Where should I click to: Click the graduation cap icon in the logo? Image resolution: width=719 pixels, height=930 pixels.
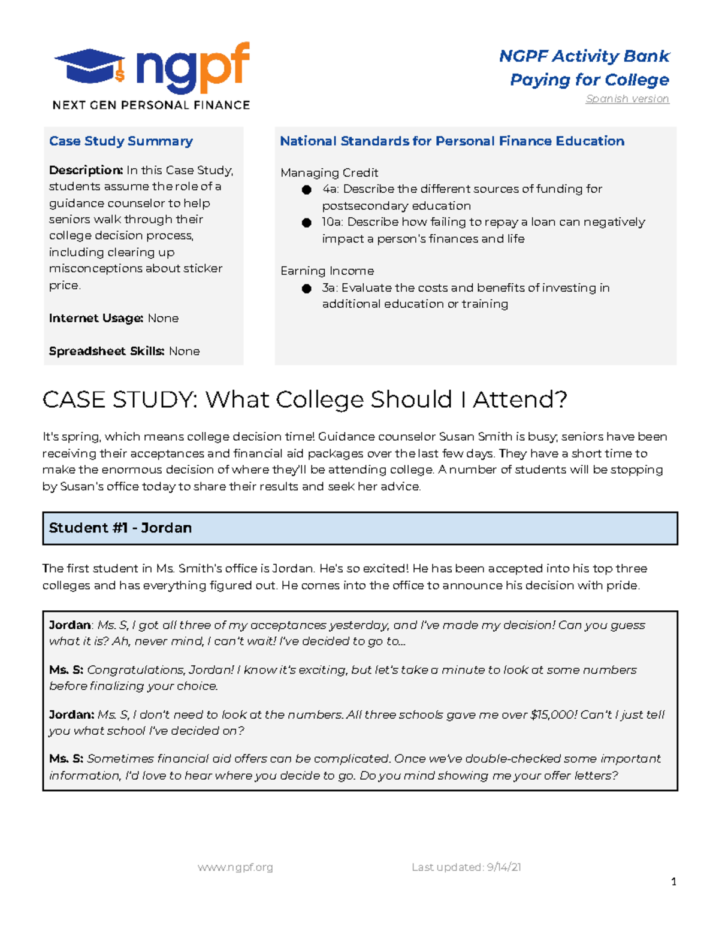click(89, 66)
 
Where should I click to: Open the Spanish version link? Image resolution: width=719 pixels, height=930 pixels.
click(627, 99)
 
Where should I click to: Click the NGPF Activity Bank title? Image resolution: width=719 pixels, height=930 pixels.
click(584, 56)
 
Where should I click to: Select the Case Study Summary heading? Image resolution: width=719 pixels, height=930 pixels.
click(121, 141)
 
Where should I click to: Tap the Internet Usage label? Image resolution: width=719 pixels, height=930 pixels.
click(96, 318)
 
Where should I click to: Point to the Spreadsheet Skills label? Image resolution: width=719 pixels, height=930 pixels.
click(106, 351)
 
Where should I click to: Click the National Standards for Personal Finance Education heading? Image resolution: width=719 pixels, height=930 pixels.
click(452, 141)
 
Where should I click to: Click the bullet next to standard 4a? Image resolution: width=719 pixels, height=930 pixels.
click(307, 190)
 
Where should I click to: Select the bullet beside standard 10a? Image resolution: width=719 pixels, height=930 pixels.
click(307, 223)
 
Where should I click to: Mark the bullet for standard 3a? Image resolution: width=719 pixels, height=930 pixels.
click(307, 289)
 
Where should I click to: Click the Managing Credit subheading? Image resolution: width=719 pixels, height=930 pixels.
click(329, 173)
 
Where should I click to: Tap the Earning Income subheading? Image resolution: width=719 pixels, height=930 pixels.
click(327, 271)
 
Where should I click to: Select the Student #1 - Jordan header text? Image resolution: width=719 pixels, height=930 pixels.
click(120, 528)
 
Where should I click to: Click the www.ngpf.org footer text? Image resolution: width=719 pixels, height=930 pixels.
click(235, 867)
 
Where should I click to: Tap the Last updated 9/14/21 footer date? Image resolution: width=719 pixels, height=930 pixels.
click(466, 867)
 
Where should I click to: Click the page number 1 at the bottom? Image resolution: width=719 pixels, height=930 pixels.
click(673, 881)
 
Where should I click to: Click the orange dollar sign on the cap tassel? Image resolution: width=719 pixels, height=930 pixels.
click(120, 75)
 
